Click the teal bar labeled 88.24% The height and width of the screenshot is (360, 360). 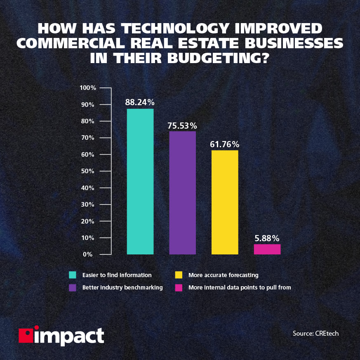140,181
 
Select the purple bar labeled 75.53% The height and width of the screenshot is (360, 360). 182,193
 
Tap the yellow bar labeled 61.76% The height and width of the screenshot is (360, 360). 225,202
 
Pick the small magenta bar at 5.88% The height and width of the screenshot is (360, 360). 267,249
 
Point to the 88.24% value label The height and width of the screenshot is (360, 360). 140,102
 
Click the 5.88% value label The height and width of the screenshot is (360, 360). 267,238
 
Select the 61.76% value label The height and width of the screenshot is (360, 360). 225,144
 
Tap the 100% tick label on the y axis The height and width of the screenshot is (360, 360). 88,88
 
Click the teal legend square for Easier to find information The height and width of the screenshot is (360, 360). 73,275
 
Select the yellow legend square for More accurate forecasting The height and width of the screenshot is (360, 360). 179,275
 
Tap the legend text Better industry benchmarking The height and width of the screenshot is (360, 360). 122,287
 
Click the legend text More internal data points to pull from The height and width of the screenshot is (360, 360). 240,287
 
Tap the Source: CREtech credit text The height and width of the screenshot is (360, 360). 315,333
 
